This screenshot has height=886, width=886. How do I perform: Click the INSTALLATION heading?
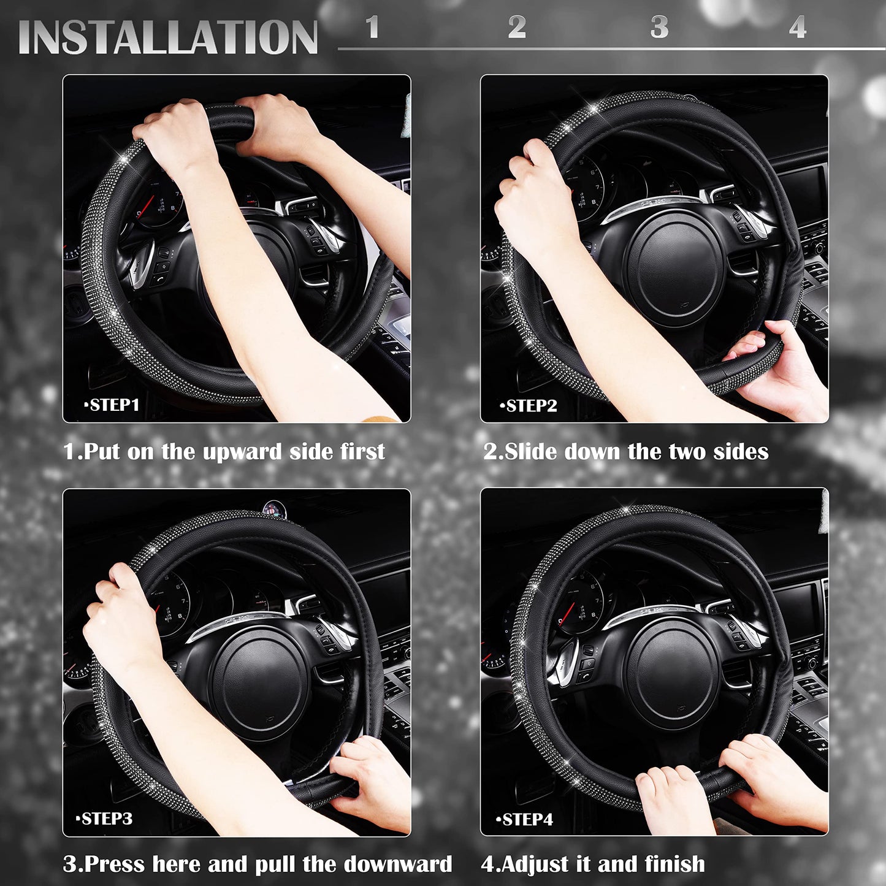(168, 37)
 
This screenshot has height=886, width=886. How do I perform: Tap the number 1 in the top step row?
(372, 27)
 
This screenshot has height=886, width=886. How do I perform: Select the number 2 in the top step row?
(517, 27)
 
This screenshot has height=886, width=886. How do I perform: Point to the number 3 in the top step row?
(659, 27)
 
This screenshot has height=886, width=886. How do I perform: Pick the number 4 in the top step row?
(797, 28)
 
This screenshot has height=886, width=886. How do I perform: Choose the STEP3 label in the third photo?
(106, 819)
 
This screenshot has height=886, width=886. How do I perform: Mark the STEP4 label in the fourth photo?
(527, 820)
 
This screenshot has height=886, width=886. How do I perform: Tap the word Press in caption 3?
(116, 865)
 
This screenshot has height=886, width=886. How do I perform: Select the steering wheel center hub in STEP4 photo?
(673, 674)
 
